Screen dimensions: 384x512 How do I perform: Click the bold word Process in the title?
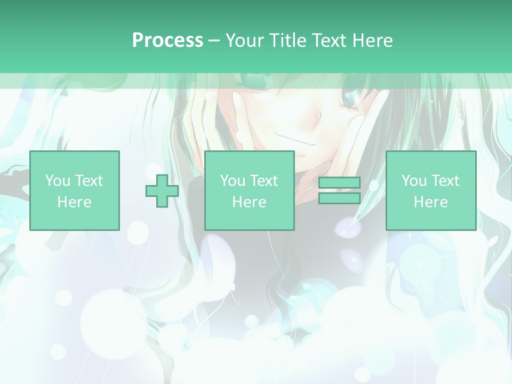click(167, 41)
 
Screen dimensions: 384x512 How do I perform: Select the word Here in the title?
click(372, 41)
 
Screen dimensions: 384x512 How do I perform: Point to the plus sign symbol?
click(162, 191)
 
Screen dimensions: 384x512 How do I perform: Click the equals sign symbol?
click(339, 191)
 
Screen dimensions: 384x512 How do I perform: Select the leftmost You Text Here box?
click(75, 191)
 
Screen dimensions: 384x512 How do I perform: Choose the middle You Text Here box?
click(250, 191)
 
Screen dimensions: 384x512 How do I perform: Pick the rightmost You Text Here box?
click(431, 191)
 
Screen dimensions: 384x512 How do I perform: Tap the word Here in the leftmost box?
click(75, 202)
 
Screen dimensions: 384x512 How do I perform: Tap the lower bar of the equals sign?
click(339, 198)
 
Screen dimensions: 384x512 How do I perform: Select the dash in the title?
click(214, 41)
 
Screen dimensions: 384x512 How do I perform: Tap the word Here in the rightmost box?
click(431, 202)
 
